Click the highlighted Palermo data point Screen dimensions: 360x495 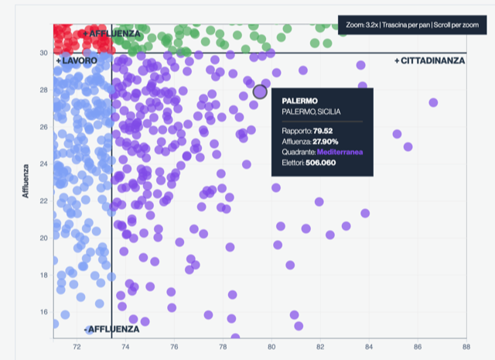point(260,91)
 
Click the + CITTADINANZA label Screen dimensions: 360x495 point(430,60)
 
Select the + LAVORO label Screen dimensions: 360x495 point(76,60)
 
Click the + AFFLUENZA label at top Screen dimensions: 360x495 point(112,34)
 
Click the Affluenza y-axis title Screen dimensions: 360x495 point(26,180)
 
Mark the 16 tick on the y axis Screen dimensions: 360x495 point(43,312)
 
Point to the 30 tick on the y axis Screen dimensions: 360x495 point(43,53)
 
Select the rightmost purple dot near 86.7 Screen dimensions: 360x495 point(433,102)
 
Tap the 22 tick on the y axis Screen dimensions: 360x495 point(43,201)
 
